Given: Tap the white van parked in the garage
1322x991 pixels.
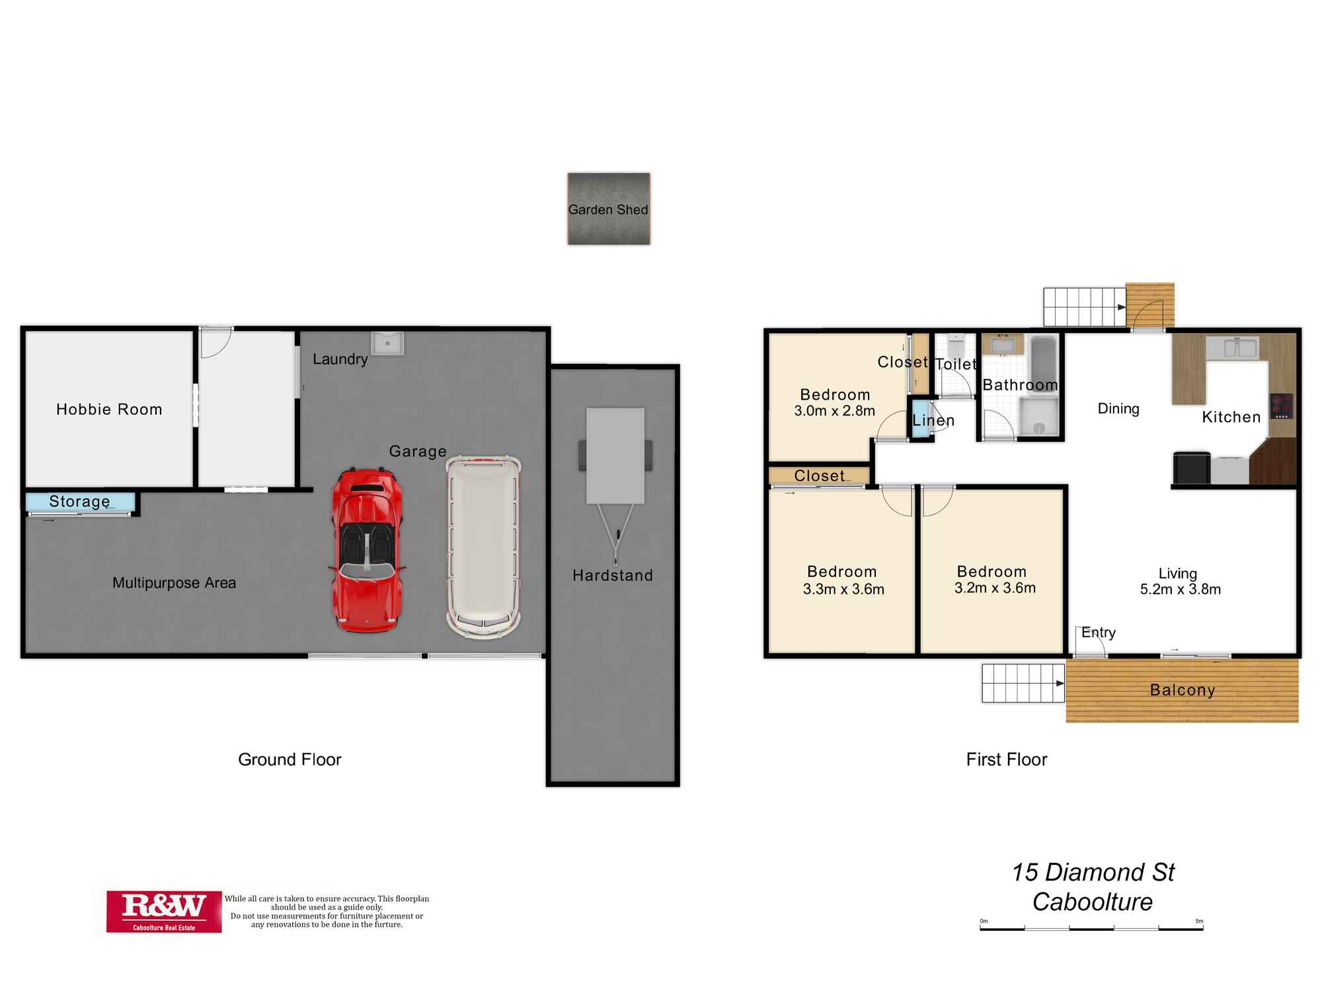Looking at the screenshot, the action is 483,547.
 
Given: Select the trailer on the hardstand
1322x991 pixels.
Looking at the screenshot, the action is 615,486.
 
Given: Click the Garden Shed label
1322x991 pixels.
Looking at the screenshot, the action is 608,209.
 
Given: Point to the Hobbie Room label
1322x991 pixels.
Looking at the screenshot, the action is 109,410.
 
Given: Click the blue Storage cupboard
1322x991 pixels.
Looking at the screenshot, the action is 81,502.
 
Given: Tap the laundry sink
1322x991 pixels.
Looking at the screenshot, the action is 388,342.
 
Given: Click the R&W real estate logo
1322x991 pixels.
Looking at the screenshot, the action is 164,912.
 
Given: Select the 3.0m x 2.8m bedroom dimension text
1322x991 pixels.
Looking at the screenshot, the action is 835,411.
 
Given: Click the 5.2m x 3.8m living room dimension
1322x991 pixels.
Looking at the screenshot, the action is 1181,589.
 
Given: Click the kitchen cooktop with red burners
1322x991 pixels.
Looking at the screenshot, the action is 1281,406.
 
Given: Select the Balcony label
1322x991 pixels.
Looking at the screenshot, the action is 1183,690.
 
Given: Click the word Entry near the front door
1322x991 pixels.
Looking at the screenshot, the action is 1099,632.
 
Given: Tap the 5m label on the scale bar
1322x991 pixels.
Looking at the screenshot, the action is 1199,921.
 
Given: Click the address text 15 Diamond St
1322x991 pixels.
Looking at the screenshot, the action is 1093,872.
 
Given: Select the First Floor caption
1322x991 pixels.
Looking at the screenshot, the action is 1007,760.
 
